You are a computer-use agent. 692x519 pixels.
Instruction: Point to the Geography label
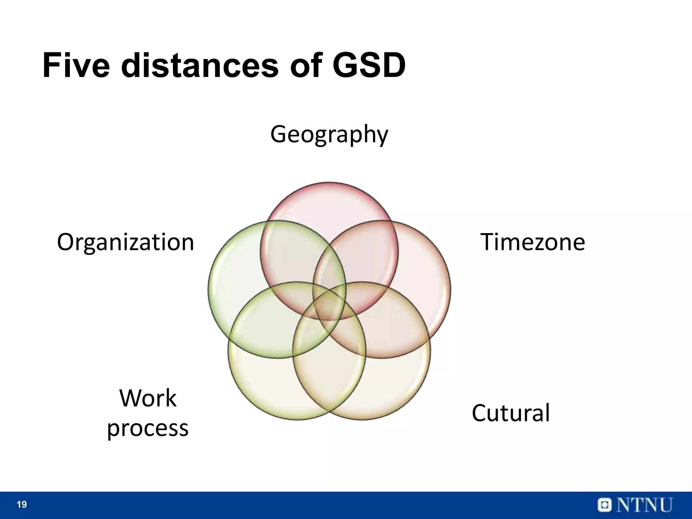329,134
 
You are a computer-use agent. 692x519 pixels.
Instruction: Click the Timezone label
533,242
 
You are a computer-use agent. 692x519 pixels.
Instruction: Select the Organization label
126,243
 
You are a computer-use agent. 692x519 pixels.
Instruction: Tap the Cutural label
511,413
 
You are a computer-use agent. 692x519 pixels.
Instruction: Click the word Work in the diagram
148,398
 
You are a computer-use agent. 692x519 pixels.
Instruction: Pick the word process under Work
148,428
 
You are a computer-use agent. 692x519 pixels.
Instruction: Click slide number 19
22,505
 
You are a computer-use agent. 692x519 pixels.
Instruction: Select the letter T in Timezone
489,242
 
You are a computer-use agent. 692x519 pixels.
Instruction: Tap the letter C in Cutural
479,413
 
